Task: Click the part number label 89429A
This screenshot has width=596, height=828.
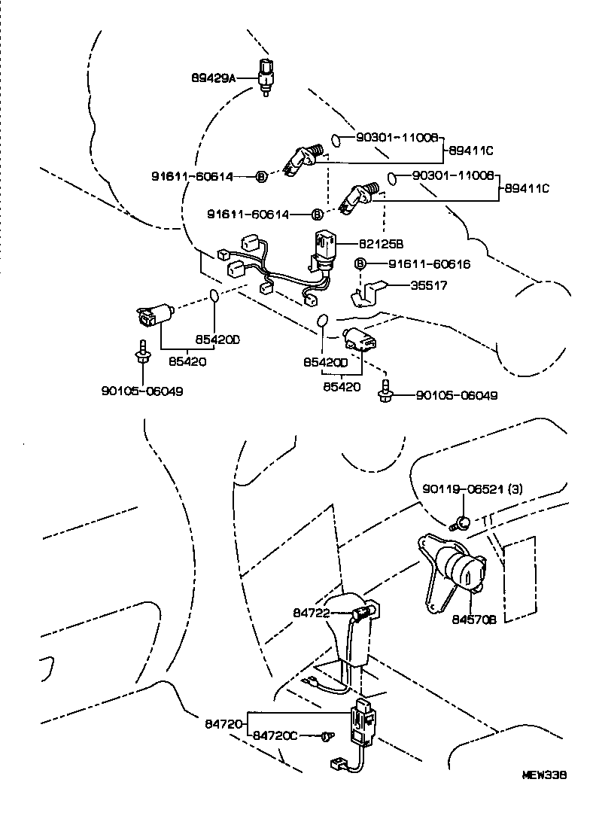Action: click(x=213, y=77)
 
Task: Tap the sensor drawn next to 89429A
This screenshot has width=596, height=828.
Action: click(x=266, y=75)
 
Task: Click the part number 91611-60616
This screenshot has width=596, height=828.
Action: click(x=430, y=264)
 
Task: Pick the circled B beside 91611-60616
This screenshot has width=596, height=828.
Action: click(x=360, y=263)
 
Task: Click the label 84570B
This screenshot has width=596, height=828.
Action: click(x=474, y=619)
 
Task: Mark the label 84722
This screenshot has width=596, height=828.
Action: click(x=312, y=613)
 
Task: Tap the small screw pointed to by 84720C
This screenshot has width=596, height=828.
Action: click(x=327, y=735)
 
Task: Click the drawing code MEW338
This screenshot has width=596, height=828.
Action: click(x=545, y=775)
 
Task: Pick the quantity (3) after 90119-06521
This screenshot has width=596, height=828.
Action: click(x=515, y=489)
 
